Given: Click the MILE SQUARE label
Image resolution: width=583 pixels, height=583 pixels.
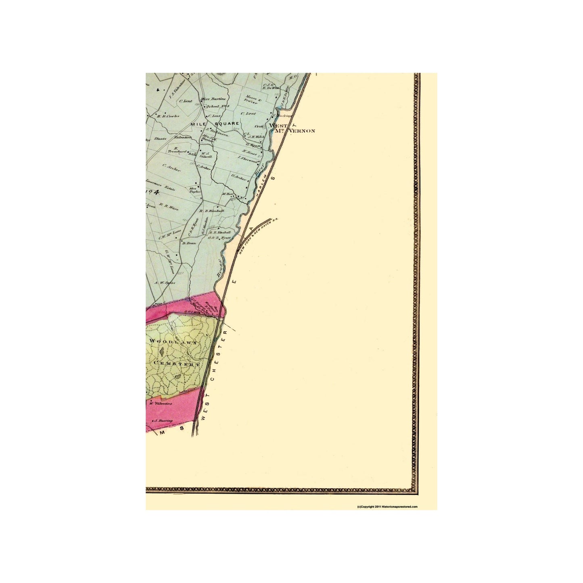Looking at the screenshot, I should pos(221,123).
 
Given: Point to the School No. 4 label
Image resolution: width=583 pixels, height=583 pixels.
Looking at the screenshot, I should pos(217,107).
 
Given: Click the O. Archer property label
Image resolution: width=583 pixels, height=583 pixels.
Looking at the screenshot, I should pos(238,177).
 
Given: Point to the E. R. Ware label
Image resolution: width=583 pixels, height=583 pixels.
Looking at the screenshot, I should pos(169,208).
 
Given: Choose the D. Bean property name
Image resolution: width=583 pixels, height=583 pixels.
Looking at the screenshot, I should pos(189,243).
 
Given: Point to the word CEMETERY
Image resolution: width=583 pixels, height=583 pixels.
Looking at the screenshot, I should pos(177,364).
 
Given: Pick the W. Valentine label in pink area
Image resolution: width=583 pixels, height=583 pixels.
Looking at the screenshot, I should pos(161,403).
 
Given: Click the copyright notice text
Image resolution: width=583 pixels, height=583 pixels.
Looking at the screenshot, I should pos(387,506).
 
